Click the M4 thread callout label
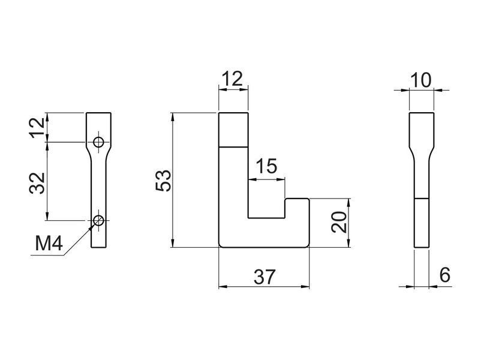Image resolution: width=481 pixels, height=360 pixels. click(x=49, y=244)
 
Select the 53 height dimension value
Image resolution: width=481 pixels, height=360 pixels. click(x=163, y=181)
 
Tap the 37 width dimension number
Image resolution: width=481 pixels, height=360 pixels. click(x=265, y=277)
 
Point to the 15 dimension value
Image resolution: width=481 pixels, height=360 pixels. click(x=266, y=166)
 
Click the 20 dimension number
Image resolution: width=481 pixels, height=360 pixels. click(x=339, y=221)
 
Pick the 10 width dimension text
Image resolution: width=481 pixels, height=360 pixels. click(x=421, y=80)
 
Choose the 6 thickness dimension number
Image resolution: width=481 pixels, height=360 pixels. click(x=445, y=275)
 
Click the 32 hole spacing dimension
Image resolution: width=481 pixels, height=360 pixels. click(x=37, y=183)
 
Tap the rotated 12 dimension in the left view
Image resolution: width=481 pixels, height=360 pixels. click(x=37, y=128)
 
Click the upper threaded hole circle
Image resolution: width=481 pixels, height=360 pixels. click(x=98, y=142)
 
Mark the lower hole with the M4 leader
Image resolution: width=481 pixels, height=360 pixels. click(x=98, y=220)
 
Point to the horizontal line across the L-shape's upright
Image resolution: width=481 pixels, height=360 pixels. click(x=233, y=147)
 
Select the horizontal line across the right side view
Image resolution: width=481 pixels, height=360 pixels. click(x=422, y=198)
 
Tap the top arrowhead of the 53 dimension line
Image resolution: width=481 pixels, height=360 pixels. click(x=173, y=116)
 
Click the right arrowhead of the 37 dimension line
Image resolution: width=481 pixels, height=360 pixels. click(x=305, y=287)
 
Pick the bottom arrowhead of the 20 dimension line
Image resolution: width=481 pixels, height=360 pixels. click(x=348, y=244)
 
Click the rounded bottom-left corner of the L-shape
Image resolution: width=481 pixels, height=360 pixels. click(x=220, y=246)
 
